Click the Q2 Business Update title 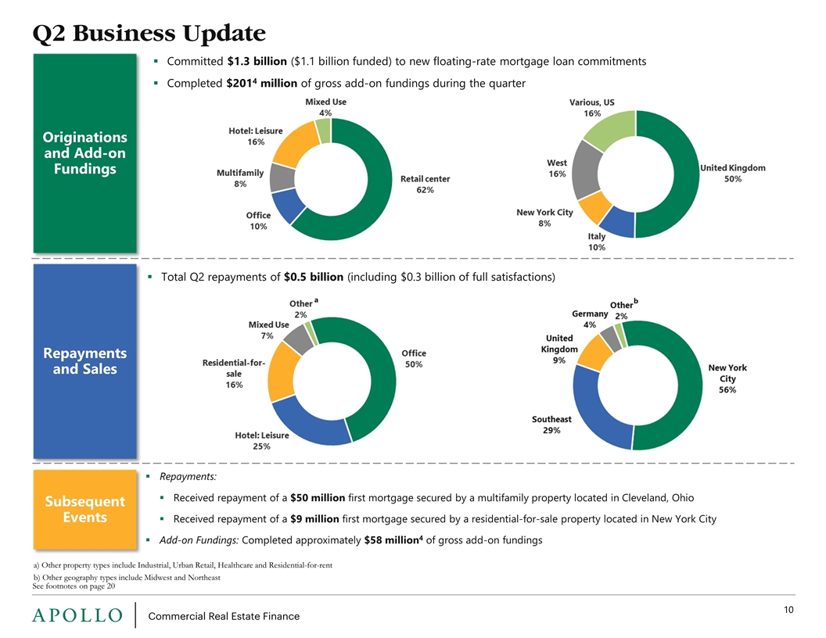(x=149, y=34)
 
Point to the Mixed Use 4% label (x=325, y=107)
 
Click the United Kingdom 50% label (x=732, y=173)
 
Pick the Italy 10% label (x=597, y=242)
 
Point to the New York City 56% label (x=727, y=378)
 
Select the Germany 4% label (x=590, y=319)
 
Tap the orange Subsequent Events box (x=84, y=508)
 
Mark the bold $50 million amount (x=314, y=498)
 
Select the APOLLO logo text (x=77, y=616)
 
